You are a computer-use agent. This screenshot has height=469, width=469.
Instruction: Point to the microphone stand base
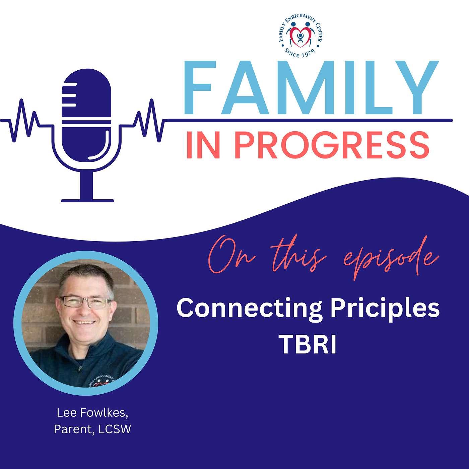pos(87,200)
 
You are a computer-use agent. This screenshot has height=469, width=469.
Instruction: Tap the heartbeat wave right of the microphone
pos(147,121)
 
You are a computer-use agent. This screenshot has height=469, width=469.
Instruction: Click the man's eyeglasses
pos(86,302)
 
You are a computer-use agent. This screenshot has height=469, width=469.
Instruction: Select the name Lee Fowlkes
pos(92,413)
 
